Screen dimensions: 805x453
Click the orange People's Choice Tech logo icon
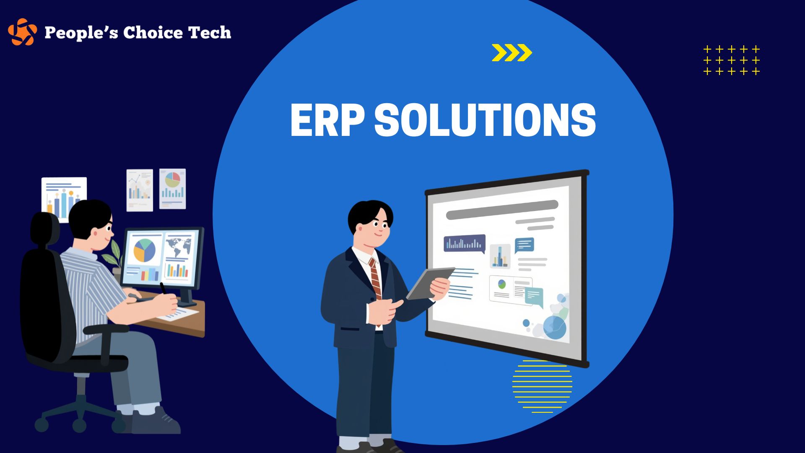click(22, 31)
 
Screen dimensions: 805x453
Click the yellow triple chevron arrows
click(512, 52)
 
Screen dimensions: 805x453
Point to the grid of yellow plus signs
click(732, 60)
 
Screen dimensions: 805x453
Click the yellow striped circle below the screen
click(542, 386)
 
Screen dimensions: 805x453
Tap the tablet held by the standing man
click(430, 283)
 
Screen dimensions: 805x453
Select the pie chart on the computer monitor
click(144, 250)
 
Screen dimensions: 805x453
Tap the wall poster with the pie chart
click(172, 188)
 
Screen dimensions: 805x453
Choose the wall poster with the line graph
click(140, 190)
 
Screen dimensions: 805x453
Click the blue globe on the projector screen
click(555, 328)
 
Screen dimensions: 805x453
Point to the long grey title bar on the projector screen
click(502, 210)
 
